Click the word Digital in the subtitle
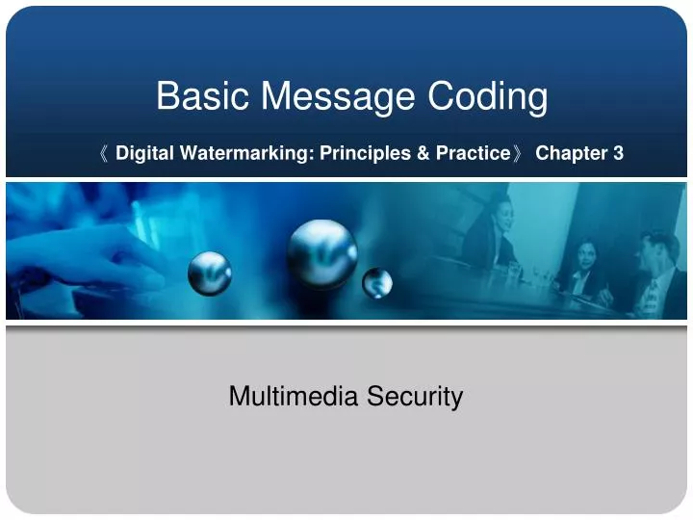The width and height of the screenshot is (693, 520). point(141,153)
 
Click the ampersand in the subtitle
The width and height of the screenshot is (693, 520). point(423,153)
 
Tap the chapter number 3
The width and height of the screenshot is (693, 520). point(619,153)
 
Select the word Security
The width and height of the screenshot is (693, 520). point(421,396)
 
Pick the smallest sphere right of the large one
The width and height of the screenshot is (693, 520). point(377,282)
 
